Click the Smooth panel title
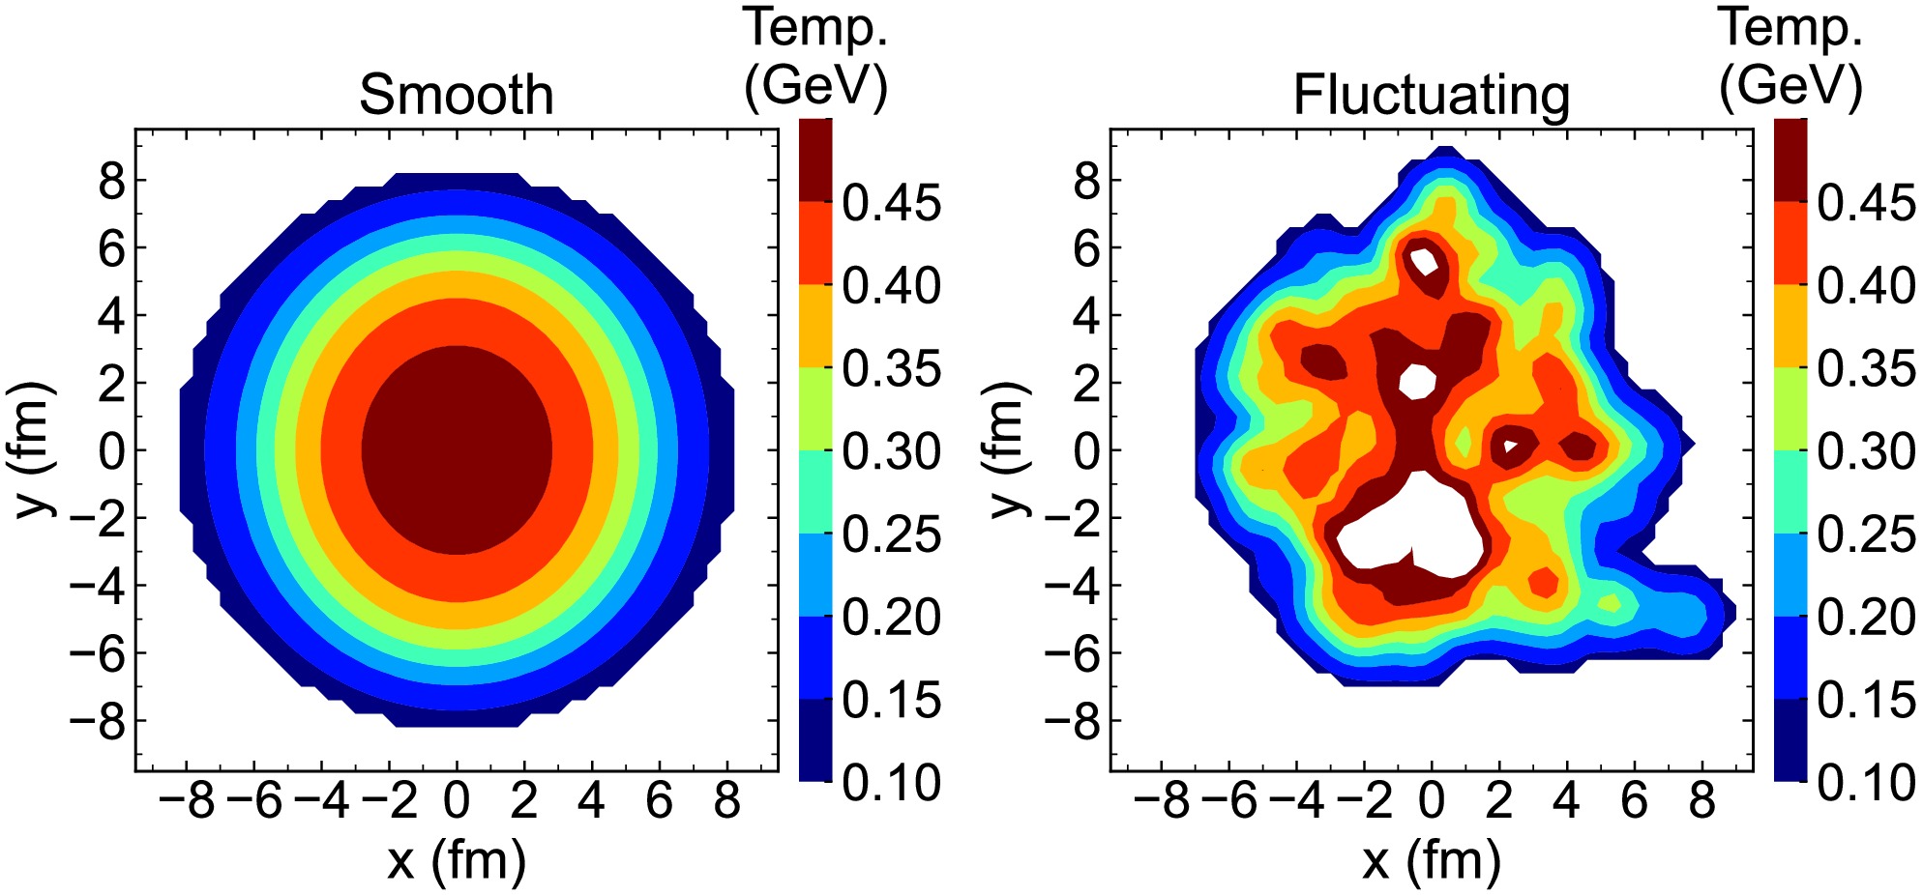coord(457,95)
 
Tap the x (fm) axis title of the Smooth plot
coord(457,860)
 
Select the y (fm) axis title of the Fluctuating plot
coord(1010,449)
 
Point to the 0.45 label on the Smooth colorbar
coord(891,203)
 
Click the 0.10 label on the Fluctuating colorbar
coord(1866,782)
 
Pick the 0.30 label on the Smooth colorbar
coord(891,451)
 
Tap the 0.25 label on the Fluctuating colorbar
coord(1866,534)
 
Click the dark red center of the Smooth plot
coord(457,450)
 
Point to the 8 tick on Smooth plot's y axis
coord(111,180)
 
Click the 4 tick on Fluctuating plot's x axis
coord(1566,800)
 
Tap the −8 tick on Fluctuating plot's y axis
coord(1073,721)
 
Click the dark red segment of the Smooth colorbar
coord(815,159)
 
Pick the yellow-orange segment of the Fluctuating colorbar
coord(1790,326)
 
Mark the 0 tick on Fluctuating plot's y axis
coord(1087,450)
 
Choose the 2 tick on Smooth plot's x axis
coord(523,800)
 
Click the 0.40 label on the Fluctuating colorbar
coord(1866,285)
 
